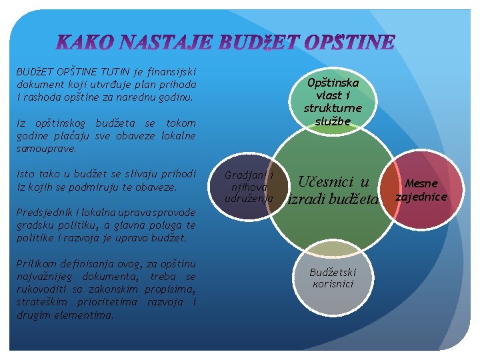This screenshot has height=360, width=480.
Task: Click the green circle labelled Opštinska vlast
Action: point(333,101)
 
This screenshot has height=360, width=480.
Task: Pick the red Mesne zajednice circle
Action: point(421,190)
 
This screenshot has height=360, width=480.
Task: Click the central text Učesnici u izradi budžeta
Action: point(333,190)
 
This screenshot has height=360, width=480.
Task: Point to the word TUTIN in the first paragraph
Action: point(119,72)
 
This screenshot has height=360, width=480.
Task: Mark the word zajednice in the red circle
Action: point(421,197)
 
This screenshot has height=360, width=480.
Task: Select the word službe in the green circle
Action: point(333,120)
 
